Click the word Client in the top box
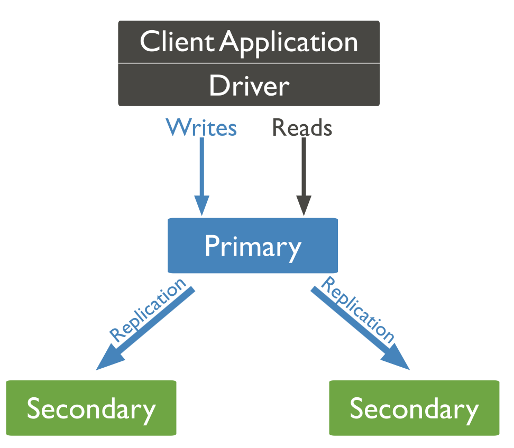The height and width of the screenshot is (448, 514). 177,41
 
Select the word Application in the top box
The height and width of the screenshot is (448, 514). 289,44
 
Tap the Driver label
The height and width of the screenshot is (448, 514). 249,85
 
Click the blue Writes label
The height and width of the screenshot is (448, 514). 201,127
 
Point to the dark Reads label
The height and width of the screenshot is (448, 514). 302,127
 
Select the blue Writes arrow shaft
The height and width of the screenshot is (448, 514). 202,167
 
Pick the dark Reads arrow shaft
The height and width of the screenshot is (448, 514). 304,167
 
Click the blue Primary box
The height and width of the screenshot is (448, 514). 253,245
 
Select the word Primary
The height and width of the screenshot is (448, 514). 253,247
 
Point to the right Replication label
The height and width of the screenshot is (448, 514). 358,310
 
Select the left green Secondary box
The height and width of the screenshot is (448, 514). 91,408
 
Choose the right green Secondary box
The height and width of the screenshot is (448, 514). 415,408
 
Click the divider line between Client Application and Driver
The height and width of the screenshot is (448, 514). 249,63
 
